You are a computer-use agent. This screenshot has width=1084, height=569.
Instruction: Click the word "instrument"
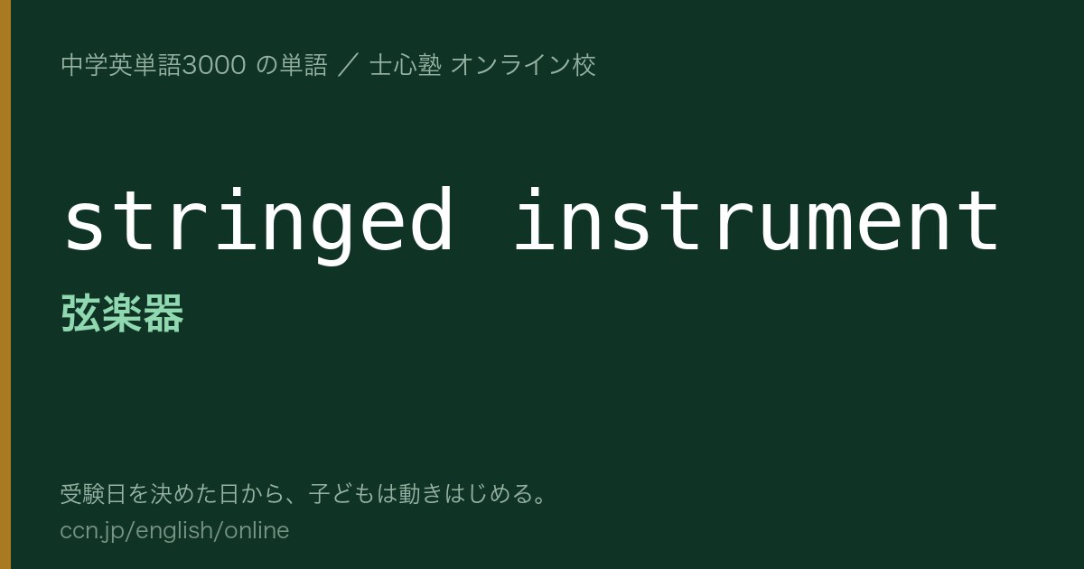(756, 219)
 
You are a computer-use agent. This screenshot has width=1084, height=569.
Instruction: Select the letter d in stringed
(431, 219)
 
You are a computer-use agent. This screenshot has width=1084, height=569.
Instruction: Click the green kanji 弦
(80, 313)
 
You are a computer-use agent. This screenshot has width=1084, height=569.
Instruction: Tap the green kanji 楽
(122, 313)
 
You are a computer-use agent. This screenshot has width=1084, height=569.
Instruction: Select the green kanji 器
(164, 313)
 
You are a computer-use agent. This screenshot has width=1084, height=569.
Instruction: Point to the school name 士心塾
(406, 65)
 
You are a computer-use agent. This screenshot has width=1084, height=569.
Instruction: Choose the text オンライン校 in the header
(523, 65)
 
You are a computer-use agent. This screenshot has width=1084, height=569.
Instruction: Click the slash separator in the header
(349, 65)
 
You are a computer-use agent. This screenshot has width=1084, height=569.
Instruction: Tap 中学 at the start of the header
(85, 65)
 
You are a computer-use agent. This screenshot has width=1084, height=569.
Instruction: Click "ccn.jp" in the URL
(91, 531)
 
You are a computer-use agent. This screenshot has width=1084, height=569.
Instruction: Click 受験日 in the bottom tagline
(93, 494)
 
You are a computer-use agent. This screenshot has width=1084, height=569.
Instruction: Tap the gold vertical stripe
(5, 284)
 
